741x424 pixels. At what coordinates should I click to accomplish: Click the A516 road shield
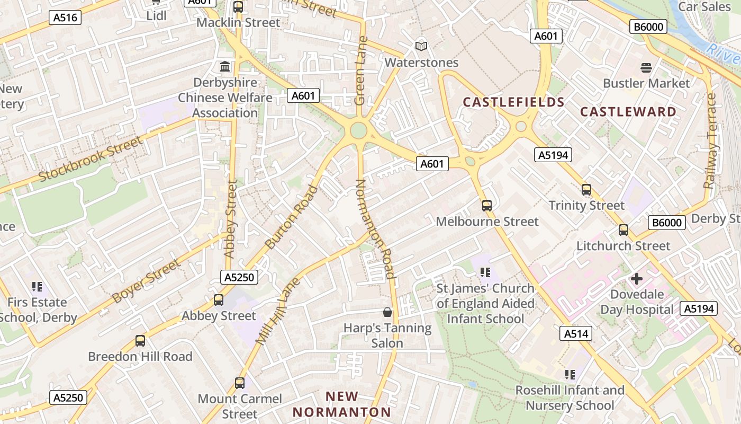click(66, 17)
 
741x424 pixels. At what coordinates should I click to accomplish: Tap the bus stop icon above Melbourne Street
click(487, 205)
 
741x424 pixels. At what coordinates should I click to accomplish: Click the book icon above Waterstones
click(421, 47)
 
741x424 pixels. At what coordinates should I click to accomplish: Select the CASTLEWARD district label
click(628, 112)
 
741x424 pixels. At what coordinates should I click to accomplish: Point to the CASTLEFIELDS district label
click(513, 102)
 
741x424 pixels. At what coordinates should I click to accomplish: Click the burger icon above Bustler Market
click(646, 67)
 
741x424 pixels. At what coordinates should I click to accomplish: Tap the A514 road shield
click(576, 333)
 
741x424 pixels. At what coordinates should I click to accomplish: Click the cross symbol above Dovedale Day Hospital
click(637, 278)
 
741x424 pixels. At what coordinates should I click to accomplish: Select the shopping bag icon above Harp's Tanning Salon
click(387, 312)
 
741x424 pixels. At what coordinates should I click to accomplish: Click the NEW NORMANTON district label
click(342, 404)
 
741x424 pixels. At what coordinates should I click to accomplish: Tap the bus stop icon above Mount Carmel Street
click(240, 383)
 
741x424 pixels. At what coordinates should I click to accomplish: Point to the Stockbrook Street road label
click(91, 159)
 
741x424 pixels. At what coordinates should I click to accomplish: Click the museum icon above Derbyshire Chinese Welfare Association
click(225, 67)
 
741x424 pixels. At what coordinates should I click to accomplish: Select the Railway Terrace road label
click(710, 141)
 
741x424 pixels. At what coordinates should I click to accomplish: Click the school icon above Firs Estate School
click(37, 287)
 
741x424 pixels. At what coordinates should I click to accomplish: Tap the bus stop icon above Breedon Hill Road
click(140, 341)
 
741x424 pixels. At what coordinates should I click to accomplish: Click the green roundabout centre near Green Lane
click(358, 130)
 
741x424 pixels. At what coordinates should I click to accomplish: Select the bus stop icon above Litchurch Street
click(623, 230)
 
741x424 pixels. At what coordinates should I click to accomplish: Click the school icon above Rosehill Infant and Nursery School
click(570, 375)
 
